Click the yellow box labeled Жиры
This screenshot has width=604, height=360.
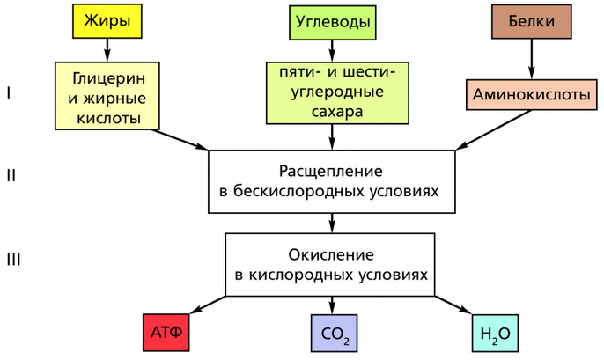point(107,19)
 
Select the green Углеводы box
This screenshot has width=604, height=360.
point(331,19)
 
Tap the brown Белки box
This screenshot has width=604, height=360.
point(531,19)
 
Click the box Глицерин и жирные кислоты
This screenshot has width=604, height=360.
point(107,96)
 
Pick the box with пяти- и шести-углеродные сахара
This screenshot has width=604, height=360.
point(331,92)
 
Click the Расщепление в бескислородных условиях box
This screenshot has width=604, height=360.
point(331,180)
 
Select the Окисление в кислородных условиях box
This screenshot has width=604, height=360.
point(331,263)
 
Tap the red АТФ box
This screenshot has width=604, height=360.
point(166,334)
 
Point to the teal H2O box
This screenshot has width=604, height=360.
point(497,334)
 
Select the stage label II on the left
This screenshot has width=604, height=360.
point(11,175)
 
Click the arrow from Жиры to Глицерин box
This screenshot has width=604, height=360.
point(107,49)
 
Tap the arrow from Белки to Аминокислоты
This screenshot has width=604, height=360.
point(531,58)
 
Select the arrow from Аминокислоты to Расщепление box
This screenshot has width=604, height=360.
point(494,131)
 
